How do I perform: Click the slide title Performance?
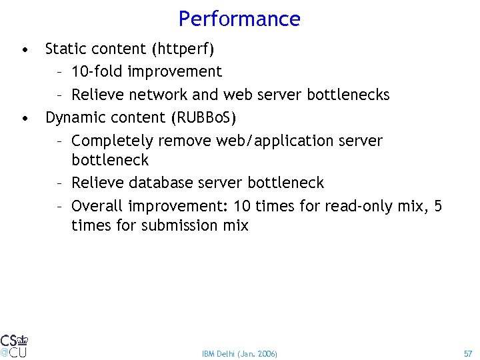239,19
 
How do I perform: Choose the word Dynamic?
73,117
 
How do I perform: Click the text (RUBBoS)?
204,117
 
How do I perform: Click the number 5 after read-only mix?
437,205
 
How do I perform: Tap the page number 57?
467,353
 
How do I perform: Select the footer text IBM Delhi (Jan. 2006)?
239,353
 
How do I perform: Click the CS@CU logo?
14,345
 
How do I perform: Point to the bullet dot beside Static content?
25,49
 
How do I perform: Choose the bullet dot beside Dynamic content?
25,118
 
